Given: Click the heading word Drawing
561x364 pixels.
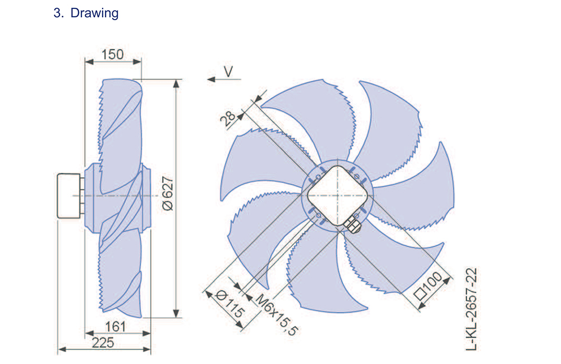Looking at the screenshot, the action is (94, 13).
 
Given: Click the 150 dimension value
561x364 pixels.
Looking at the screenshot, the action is (112, 54).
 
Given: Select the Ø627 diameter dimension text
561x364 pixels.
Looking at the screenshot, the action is (167, 193).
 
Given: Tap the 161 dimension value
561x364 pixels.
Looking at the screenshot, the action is (115, 326).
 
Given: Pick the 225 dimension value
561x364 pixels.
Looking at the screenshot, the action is (103, 343).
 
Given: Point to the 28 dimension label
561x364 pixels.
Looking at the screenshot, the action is (228, 118).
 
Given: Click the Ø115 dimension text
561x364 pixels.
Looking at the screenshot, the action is (230, 305).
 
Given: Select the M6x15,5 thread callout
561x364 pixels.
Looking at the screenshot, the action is (277, 315).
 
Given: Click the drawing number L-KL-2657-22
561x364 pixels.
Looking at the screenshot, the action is (472, 309).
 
